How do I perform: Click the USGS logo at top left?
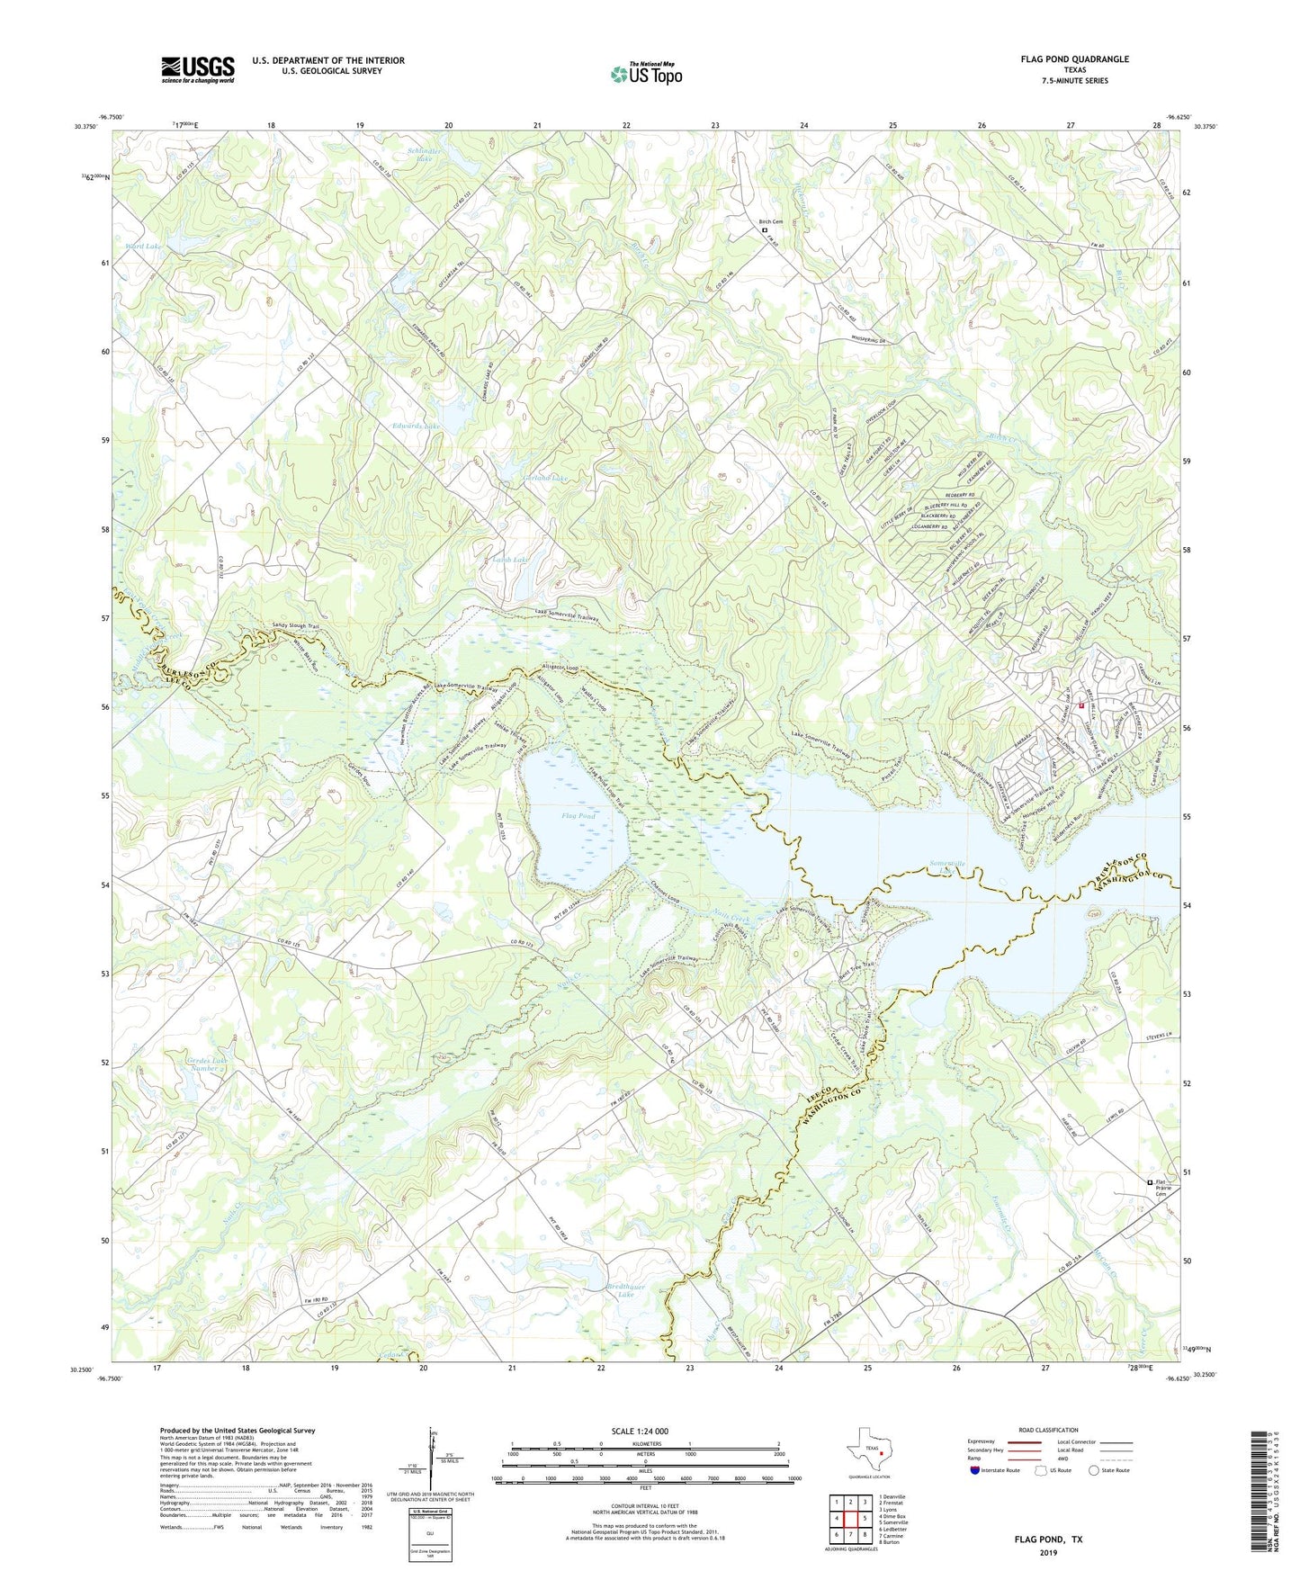pos(198,69)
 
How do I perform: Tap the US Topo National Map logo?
pos(645,73)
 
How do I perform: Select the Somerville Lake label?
pos(946,867)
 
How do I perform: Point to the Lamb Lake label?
pos(510,560)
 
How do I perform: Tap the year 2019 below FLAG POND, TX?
pos(1046,1552)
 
